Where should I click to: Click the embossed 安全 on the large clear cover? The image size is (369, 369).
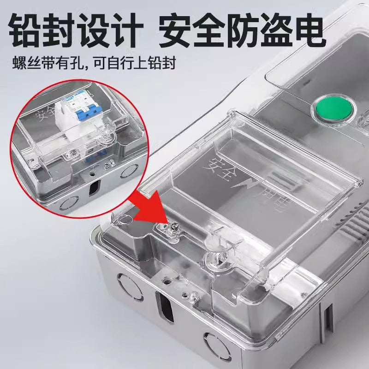pyautogui.click(x=220, y=166)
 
